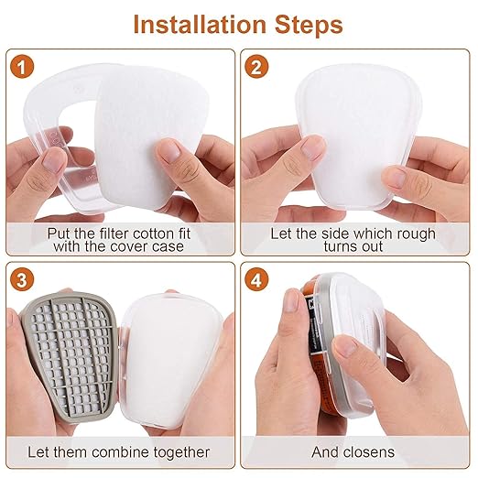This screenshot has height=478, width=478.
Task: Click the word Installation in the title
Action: click(200, 25)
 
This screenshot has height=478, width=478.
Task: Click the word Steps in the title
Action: click(309, 25)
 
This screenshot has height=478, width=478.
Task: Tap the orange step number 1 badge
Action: click(21, 67)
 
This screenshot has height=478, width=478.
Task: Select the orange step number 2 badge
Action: click(256, 67)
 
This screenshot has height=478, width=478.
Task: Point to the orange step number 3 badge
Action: click(21, 279)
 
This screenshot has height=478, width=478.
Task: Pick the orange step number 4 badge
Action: click(256, 279)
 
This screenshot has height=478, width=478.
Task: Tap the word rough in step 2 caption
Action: click(416, 234)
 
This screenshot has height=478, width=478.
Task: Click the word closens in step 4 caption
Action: click(371, 452)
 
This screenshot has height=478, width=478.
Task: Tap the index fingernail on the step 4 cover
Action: click(345, 346)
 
